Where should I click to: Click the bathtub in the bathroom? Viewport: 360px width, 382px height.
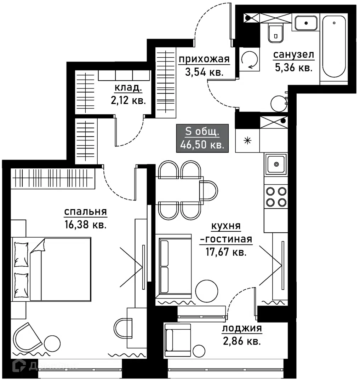pos(334,46)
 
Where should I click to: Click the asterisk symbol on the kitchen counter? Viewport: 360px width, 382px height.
pos(247,140)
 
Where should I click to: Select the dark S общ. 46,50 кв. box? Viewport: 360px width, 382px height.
pos(202,138)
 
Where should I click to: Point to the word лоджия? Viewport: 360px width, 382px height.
pos(242,329)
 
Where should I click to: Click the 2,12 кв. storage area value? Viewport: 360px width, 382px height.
pos(128,100)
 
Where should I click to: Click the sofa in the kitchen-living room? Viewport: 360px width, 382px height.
pos(164,266)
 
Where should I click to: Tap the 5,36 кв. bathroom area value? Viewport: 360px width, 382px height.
pos(293,67)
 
